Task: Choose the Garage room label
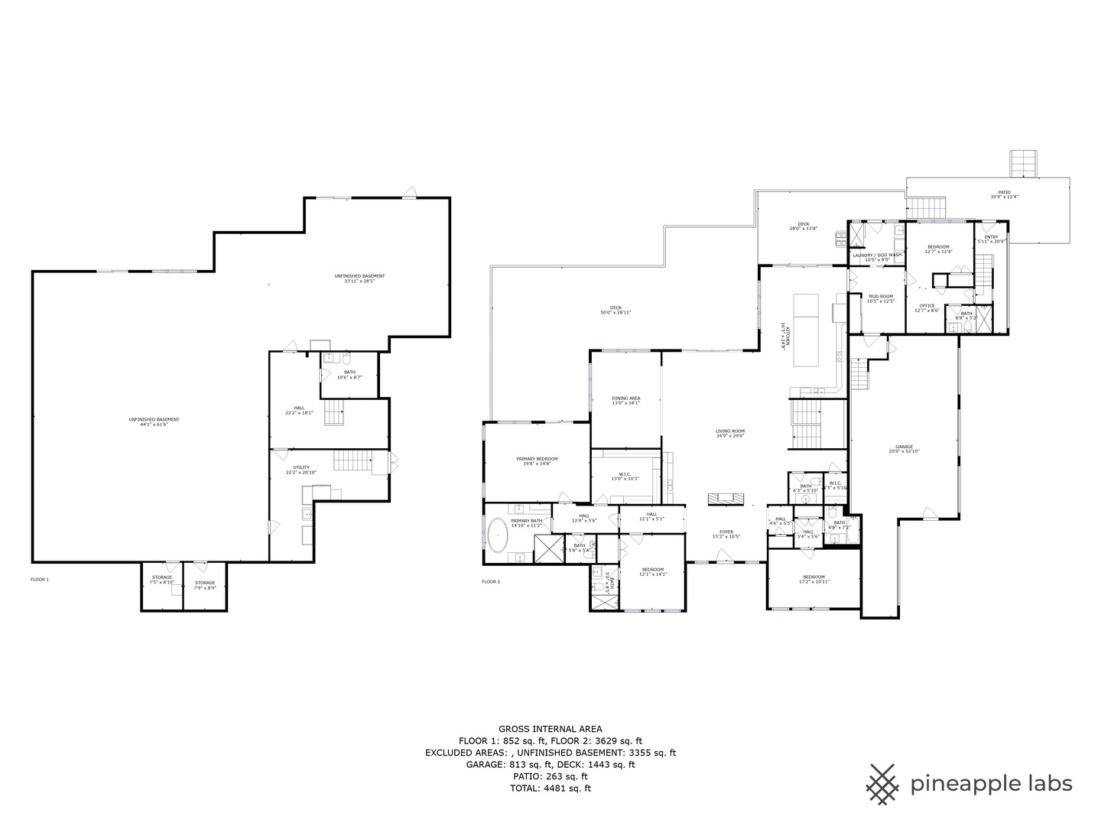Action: [905, 449]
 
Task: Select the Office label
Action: [927, 307]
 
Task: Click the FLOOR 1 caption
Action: [40, 580]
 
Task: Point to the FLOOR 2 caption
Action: [491, 582]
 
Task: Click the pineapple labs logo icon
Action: [883, 784]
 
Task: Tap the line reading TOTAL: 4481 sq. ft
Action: [550, 789]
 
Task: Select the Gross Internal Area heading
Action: [550, 729]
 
